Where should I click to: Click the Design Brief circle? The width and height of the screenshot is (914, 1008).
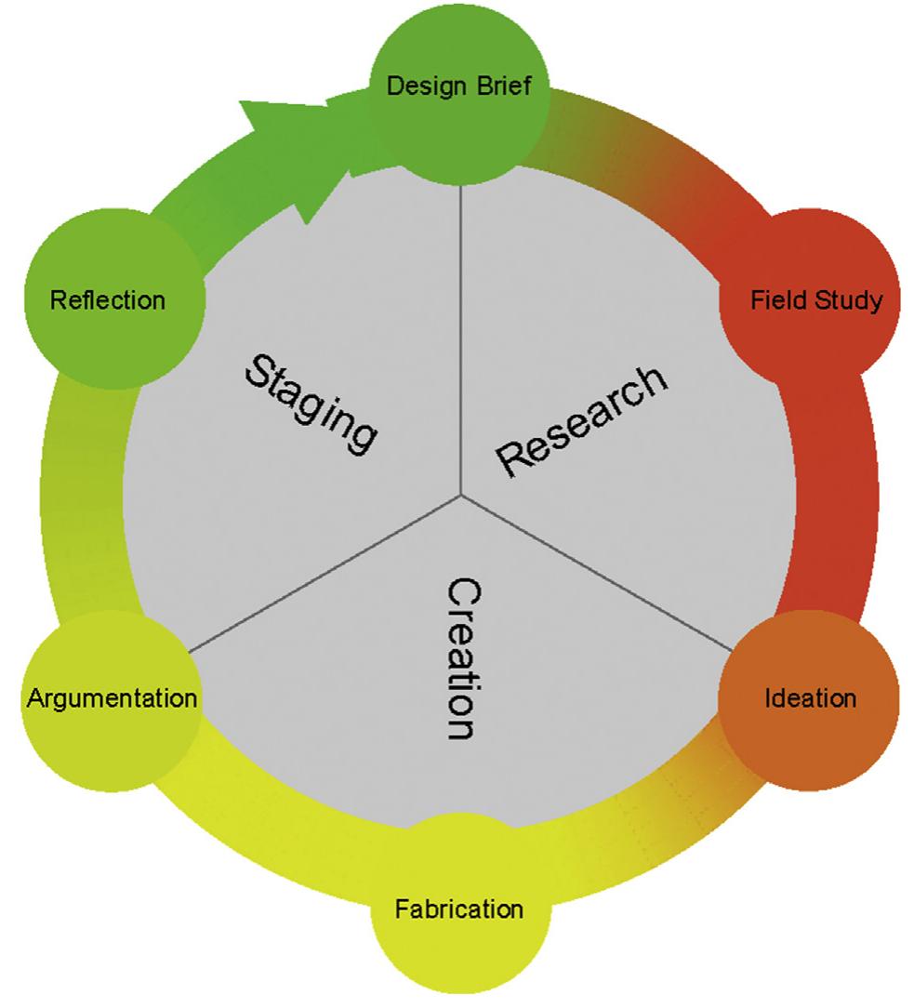(x=459, y=93)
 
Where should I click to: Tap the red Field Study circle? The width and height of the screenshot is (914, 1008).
(x=809, y=299)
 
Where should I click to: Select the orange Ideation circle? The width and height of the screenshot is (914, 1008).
(x=809, y=697)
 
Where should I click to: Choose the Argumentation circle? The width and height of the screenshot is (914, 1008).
(x=112, y=697)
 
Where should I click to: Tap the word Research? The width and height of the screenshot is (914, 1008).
(x=582, y=421)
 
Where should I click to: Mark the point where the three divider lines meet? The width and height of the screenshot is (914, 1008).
(x=461, y=495)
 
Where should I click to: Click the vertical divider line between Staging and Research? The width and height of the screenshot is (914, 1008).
(x=461, y=335)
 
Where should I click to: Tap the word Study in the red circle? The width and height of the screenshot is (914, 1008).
(x=848, y=301)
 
